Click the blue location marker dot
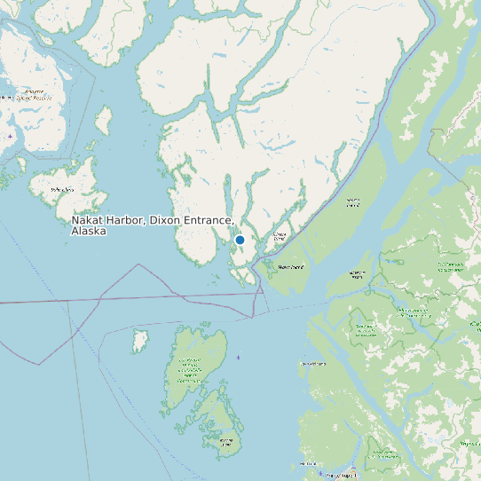tap(240, 240)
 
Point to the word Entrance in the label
tap(209, 219)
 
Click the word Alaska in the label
tap(89, 231)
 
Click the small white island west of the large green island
tap(139, 340)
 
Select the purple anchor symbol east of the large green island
tap(238, 357)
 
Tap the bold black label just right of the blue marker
tap(292, 266)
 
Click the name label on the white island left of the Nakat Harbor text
tap(62, 190)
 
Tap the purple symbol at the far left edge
tap(9, 137)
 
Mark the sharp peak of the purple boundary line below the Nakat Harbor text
tap(138, 264)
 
